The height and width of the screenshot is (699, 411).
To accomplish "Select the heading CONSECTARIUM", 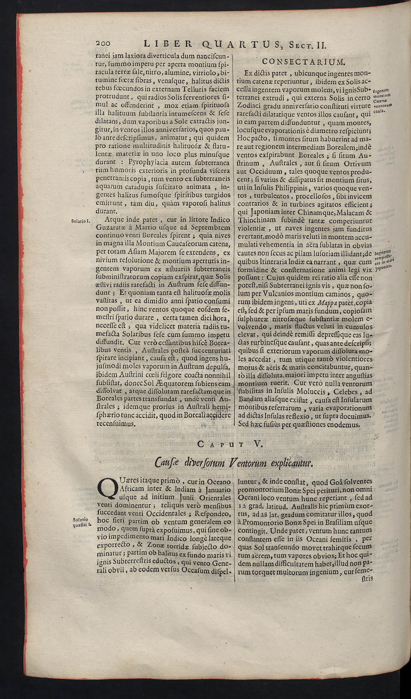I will (x=304, y=62).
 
